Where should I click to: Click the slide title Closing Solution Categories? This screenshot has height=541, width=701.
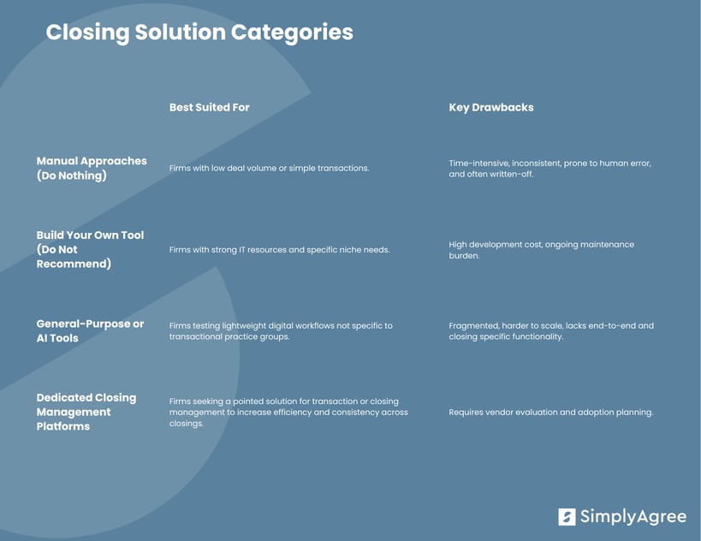tap(199, 33)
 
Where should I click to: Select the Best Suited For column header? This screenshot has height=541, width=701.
tap(209, 107)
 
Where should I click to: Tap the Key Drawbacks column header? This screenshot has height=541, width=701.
tap(490, 107)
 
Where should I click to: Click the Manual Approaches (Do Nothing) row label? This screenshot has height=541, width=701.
tap(91, 168)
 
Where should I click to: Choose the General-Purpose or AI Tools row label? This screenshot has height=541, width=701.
tap(90, 330)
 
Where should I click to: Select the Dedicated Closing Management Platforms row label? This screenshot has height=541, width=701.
tap(86, 412)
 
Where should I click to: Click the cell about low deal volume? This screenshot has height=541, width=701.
tap(269, 168)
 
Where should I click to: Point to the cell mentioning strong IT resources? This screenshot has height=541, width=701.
tap(279, 250)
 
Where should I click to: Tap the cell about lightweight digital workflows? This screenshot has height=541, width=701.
tap(281, 331)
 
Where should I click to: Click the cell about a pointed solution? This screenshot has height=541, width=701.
tap(288, 412)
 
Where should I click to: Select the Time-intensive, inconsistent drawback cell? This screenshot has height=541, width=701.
tap(550, 169)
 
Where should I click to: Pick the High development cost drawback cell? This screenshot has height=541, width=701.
tap(541, 250)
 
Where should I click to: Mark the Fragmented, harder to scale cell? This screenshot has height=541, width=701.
tap(550, 331)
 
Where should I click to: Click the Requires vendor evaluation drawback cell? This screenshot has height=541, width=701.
tap(550, 412)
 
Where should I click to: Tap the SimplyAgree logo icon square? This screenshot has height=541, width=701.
tap(567, 516)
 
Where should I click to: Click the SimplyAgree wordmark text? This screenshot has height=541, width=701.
tap(633, 516)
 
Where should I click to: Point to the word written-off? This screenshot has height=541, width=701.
tap(508, 175)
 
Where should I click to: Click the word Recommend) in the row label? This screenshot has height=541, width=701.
tap(74, 264)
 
